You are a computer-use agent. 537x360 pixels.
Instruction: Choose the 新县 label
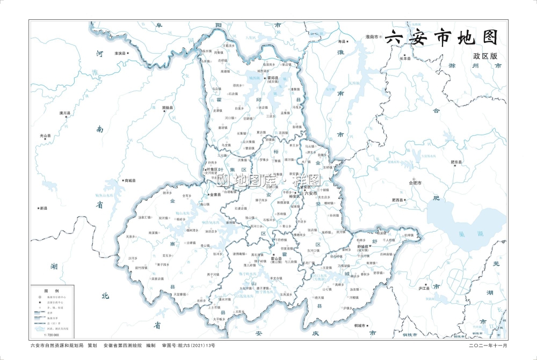(42, 208)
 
